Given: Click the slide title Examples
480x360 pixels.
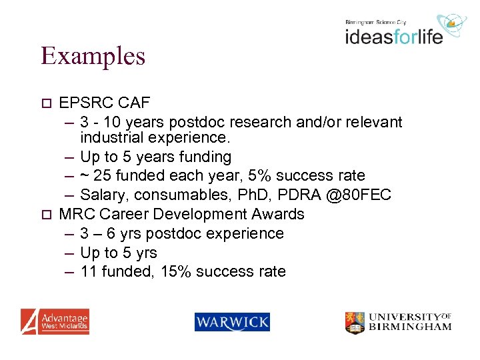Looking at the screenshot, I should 93,55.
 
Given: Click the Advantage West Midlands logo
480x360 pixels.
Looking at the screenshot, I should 55,321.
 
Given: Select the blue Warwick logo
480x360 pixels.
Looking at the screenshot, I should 232,322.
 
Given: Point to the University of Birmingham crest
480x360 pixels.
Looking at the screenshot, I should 355,323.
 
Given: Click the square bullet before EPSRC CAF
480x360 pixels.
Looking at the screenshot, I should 46,103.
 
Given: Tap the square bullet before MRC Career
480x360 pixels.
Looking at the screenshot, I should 46,215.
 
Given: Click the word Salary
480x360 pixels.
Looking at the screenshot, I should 103,195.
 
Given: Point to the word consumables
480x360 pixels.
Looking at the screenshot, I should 177,195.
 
